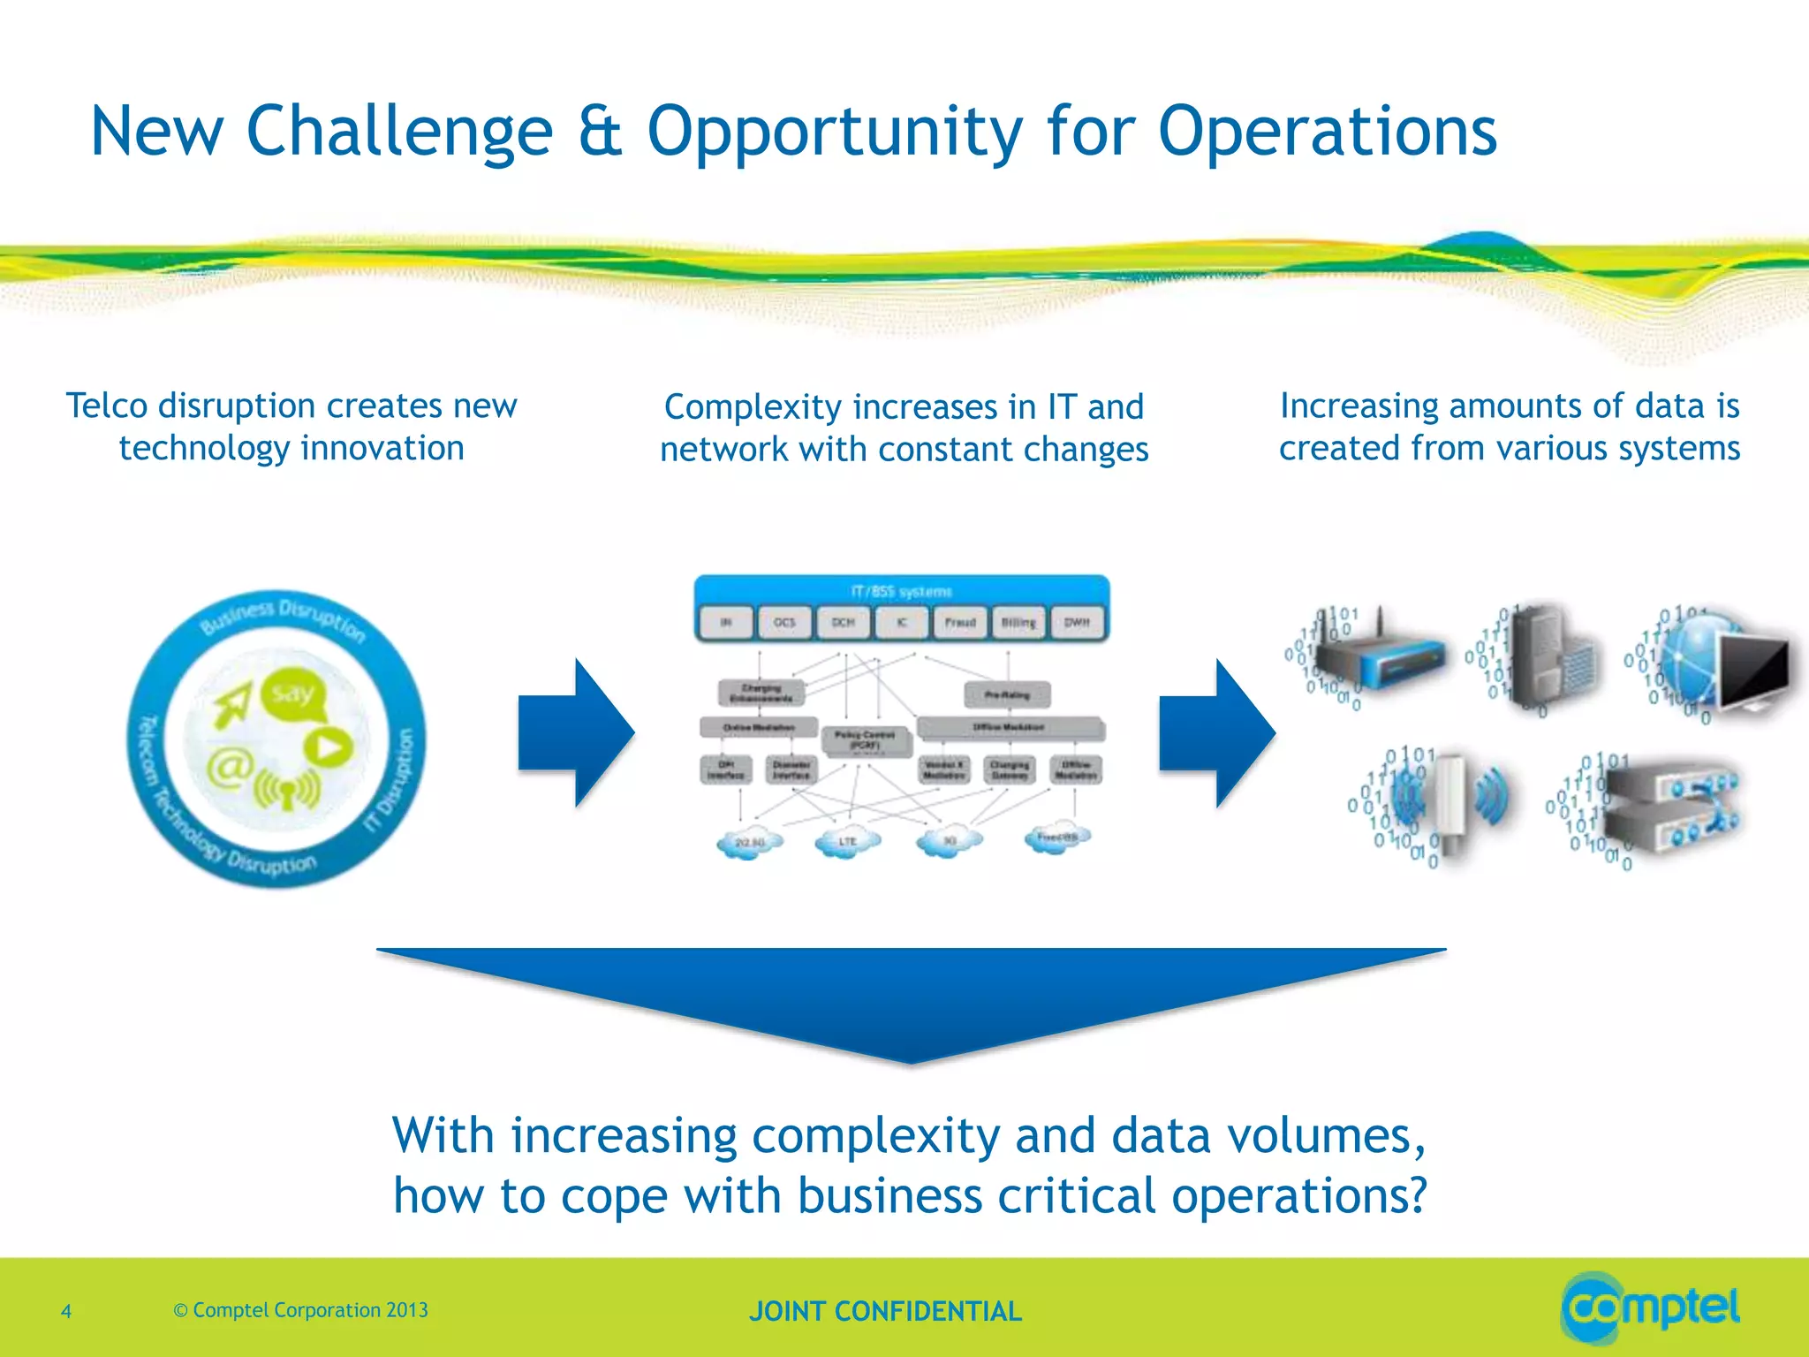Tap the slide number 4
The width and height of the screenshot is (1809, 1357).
(x=66, y=1311)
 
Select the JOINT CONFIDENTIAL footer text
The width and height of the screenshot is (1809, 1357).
(x=885, y=1311)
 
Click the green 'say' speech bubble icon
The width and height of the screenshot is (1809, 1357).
(x=293, y=694)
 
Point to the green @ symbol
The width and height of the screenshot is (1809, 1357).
(x=231, y=766)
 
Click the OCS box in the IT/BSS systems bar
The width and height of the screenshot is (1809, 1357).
(x=784, y=622)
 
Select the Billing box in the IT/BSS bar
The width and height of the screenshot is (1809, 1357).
(x=1018, y=622)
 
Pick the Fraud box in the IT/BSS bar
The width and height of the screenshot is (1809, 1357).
(x=960, y=622)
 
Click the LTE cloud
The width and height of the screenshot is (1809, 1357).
(x=847, y=841)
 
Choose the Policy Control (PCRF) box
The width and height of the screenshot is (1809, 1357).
(x=866, y=740)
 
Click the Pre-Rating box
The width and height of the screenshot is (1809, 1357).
(x=1007, y=695)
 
